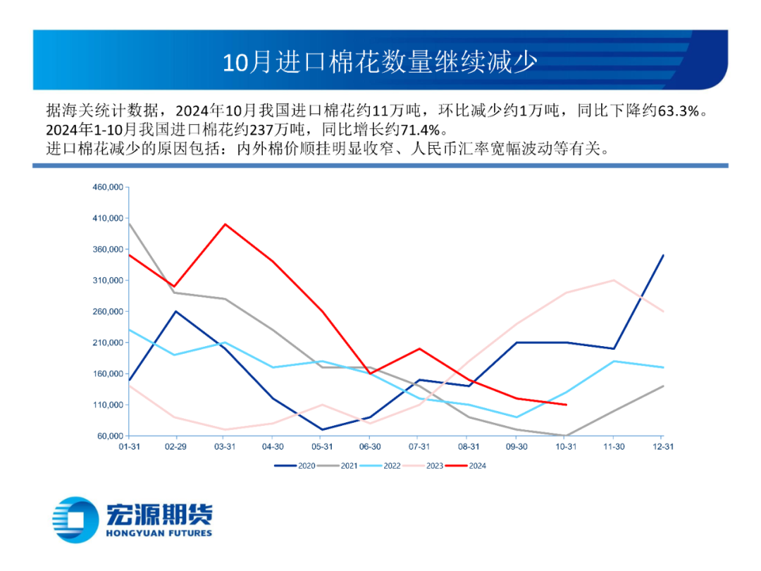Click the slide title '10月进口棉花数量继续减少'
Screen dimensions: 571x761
380,62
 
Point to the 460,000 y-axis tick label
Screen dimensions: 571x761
108,188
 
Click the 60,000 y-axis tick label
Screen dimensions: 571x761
110,436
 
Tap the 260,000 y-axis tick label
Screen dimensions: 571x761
108,312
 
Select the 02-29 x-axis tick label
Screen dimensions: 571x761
176,447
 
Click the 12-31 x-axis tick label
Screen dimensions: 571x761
662,447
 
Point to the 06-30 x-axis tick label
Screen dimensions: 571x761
371,447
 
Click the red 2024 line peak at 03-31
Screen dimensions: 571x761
225,224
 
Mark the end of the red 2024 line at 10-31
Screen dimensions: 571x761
567,405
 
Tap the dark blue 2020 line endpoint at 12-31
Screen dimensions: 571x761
663,255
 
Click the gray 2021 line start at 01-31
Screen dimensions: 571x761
128,223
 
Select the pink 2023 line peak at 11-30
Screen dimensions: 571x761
614,281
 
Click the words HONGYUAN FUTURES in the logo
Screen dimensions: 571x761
159,534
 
